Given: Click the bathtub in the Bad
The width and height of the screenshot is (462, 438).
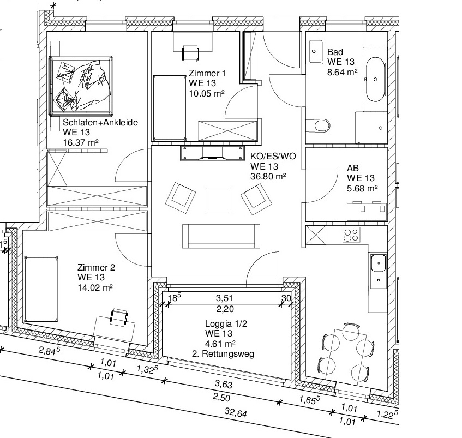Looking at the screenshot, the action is point(375,80).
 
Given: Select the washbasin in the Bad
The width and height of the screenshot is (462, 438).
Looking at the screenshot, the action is point(316,52).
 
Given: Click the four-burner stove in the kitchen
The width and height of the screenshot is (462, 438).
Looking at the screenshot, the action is point(351,235).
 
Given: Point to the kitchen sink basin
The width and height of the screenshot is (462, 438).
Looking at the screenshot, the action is point(379,263).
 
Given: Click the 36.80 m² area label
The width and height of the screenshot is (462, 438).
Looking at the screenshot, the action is point(268,177).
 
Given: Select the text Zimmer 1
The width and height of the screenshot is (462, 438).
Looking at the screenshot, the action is point(207,73).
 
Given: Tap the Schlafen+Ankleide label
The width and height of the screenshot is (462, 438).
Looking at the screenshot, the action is point(100,122).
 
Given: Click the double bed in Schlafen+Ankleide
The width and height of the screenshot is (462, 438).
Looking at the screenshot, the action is point(81,86).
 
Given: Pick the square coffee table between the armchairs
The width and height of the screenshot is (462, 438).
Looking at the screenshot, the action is point(218,200).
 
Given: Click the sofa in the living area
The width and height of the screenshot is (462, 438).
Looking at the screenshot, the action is point(221,236).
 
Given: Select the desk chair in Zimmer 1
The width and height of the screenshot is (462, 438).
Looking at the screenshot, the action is point(190,53).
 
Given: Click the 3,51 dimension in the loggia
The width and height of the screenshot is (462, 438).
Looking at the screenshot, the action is point(225,298).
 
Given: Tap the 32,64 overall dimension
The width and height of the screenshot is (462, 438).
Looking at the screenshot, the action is point(236,412).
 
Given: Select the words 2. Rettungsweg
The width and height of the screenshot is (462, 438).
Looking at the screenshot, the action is point(223,353).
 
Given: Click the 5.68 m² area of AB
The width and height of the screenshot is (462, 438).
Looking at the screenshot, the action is point(362,188).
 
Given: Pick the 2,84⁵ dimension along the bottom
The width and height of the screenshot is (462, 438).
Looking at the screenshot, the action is point(50,351).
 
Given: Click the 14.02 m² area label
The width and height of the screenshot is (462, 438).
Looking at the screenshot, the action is point(95,287).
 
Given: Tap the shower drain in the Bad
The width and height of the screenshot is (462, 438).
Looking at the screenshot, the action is point(380,128).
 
